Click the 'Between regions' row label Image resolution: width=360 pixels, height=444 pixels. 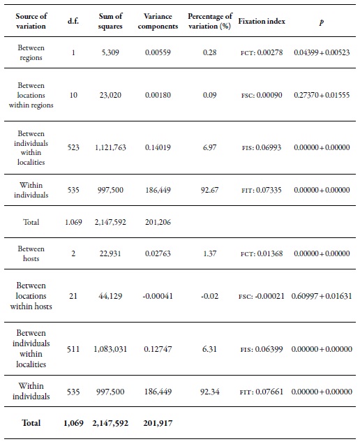(x=31, y=54)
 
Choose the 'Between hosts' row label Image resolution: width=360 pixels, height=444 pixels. (x=31, y=253)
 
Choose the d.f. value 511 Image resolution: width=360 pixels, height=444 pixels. (x=73, y=349)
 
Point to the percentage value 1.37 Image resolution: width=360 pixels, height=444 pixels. (x=210, y=253)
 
